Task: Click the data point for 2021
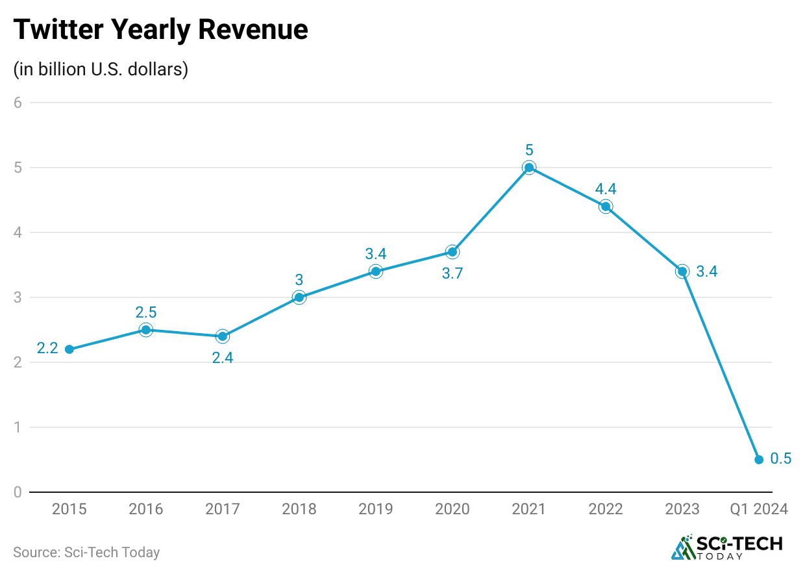click(x=529, y=168)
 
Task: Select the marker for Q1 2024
click(x=759, y=460)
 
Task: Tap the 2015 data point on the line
click(x=69, y=349)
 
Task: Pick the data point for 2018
click(x=299, y=297)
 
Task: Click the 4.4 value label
click(x=605, y=190)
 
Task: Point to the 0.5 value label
click(x=780, y=458)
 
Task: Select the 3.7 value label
click(x=452, y=273)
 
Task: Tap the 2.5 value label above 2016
click(x=146, y=312)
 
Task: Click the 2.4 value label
click(x=222, y=357)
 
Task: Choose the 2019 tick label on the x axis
click(x=376, y=509)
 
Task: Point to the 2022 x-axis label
click(x=606, y=509)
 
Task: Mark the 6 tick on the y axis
click(x=18, y=103)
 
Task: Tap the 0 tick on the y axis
click(x=18, y=492)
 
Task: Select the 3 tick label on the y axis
click(x=18, y=297)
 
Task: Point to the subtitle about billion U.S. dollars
click(x=101, y=69)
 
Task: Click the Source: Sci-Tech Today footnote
click(x=86, y=553)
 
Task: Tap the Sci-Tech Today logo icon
click(x=682, y=548)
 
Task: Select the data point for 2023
click(x=682, y=271)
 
